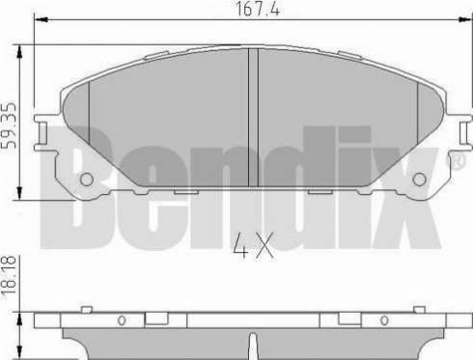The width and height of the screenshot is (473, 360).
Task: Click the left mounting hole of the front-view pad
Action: click(85, 180)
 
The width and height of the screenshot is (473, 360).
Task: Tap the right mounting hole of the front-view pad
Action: click(417, 180)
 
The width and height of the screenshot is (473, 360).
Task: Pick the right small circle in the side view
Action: click(384, 320)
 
